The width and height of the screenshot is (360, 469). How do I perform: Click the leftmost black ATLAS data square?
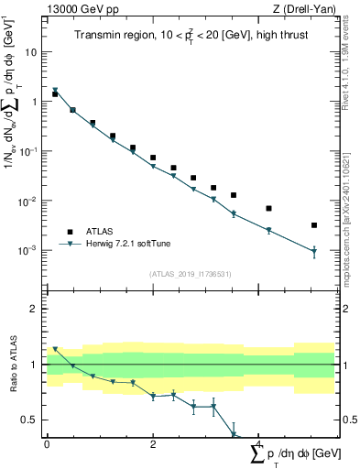click(x=55, y=94)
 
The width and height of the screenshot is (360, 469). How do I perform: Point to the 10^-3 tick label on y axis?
click(x=28, y=250)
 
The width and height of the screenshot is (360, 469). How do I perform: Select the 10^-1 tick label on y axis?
click(x=28, y=151)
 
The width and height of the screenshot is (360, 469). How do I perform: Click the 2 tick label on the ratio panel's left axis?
click(x=36, y=309)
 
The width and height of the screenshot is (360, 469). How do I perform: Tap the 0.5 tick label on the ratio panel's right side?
click(x=348, y=420)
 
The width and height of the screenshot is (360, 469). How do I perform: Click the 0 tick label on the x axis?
click(x=47, y=443)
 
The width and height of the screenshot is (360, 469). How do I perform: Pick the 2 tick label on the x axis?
click(x=153, y=443)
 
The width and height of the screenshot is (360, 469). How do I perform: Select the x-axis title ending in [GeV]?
click(x=293, y=454)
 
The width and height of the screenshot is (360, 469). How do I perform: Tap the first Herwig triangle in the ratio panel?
click(x=55, y=349)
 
